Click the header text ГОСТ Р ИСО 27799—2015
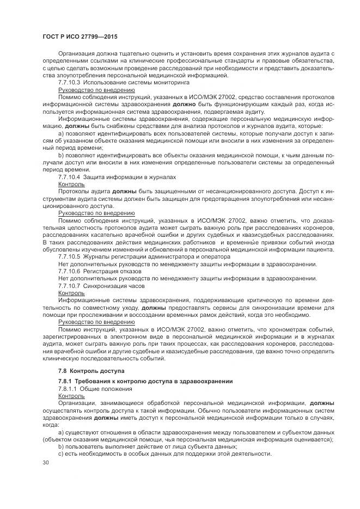(x=80, y=36)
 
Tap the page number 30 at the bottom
(x=46, y=462)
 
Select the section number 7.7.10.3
(x=69, y=82)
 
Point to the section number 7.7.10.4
(x=69, y=177)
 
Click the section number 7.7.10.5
(x=69, y=256)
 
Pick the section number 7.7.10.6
(x=69, y=271)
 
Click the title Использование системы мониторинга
(x=136, y=82)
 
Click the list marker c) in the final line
(x=60, y=453)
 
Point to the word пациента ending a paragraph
(x=320, y=249)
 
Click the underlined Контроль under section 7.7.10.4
(x=71, y=185)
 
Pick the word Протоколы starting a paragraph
(x=74, y=192)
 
